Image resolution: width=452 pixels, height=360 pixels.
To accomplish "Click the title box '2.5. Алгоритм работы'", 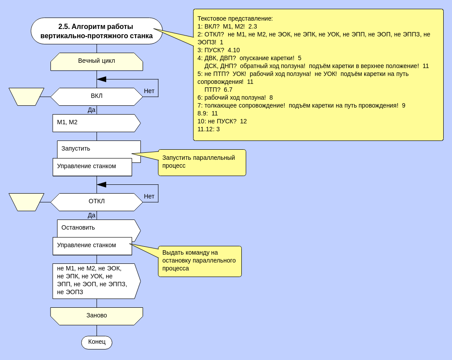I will (x=97, y=31).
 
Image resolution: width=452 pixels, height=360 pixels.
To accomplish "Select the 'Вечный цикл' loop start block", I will (x=97, y=61).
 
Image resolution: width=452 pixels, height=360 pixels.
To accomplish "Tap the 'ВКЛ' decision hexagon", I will (x=97, y=96).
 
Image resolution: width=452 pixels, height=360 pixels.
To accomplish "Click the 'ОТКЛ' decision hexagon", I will (x=97, y=202).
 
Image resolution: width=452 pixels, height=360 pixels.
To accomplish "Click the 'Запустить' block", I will (x=99, y=149).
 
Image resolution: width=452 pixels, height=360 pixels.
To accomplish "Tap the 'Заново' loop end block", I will (x=97, y=316).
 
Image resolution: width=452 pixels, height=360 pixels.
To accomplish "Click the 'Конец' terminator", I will (x=97, y=342).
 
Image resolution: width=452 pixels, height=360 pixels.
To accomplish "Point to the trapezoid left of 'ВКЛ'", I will (x=26, y=97).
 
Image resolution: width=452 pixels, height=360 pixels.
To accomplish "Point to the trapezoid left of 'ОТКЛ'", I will (x=26, y=202).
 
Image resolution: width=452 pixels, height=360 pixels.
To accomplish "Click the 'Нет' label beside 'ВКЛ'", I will (x=149, y=91).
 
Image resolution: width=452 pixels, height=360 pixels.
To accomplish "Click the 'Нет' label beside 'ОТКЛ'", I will (x=149, y=197).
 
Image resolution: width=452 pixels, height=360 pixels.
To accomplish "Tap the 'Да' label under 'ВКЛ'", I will (x=91, y=110).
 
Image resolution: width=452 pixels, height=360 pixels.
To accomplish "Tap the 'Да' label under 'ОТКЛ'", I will (x=91, y=215).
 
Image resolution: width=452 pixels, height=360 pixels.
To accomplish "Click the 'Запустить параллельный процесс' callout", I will (x=202, y=162).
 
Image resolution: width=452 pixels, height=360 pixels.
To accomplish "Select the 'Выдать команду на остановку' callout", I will (x=200, y=261).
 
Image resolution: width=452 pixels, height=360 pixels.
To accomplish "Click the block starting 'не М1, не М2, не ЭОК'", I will (x=94, y=281).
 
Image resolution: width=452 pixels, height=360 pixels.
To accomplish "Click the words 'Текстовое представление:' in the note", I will (x=235, y=18).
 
